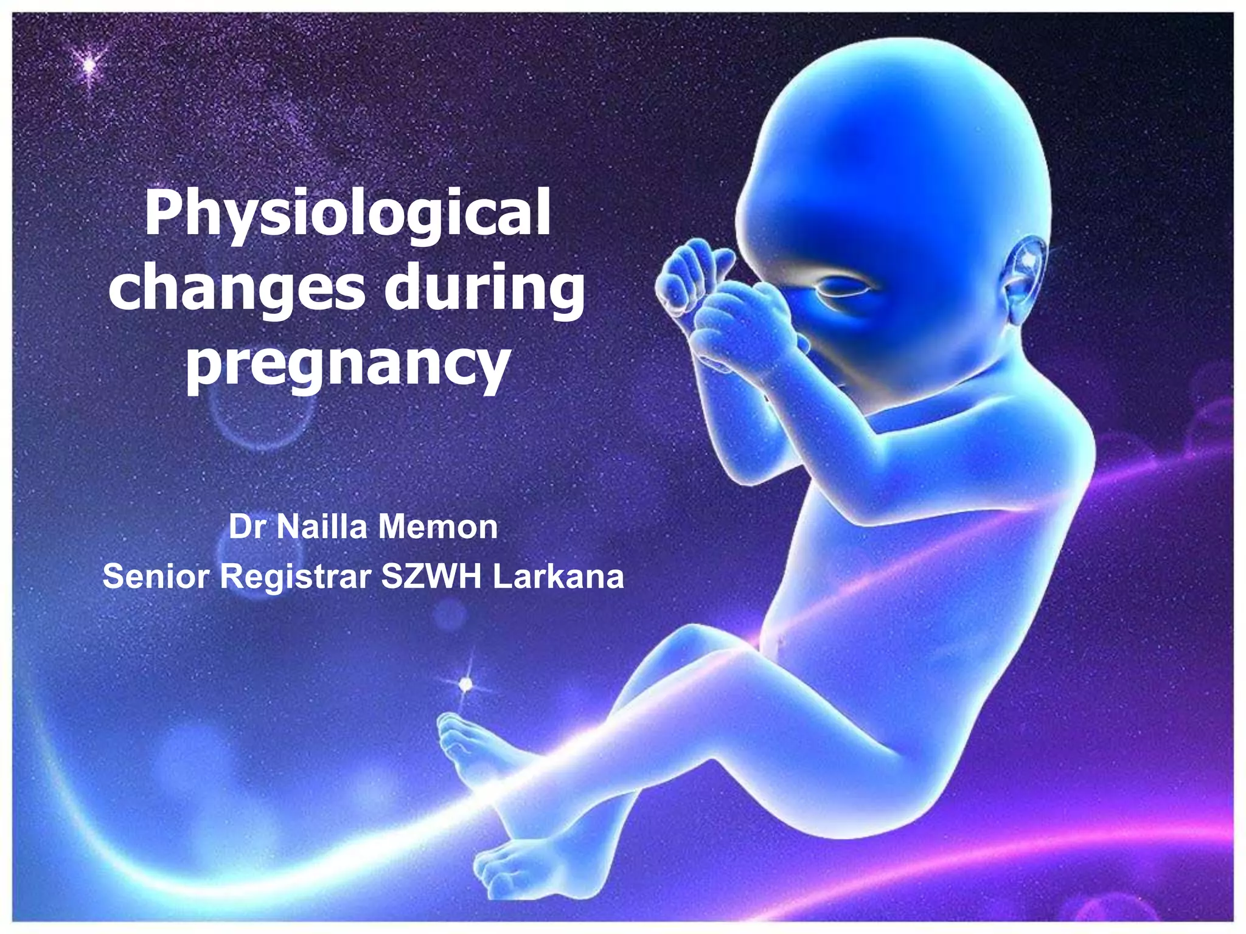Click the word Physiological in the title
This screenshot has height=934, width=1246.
coord(347,214)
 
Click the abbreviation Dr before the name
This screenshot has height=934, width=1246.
coord(247,527)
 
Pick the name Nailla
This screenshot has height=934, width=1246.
coord(322,527)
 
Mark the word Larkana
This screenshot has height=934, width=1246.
coord(558,576)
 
